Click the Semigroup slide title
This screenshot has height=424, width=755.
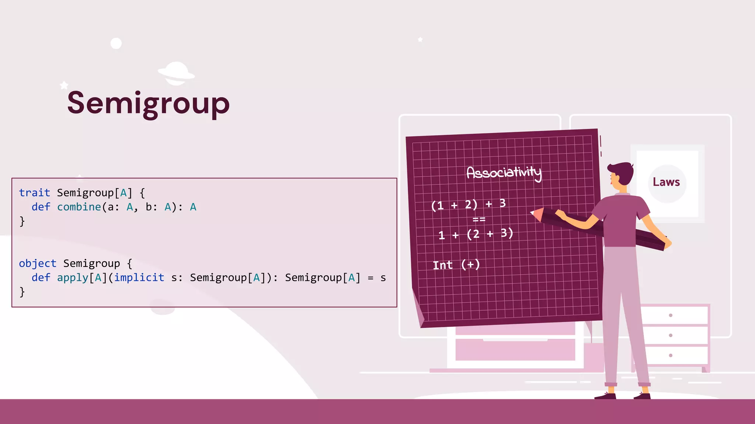click(x=148, y=103)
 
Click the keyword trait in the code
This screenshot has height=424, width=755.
click(x=34, y=192)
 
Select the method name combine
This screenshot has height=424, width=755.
click(x=79, y=207)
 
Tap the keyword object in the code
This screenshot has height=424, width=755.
click(x=38, y=263)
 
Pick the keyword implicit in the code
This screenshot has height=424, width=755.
click(x=139, y=277)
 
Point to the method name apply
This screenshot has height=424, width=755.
click(x=73, y=278)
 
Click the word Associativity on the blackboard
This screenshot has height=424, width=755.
click(x=504, y=172)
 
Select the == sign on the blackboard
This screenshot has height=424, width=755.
click(x=479, y=219)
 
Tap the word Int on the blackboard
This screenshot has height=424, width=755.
click(x=442, y=265)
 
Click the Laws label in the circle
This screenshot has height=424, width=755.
click(x=666, y=182)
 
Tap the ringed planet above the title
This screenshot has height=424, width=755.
click(x=176, y=73)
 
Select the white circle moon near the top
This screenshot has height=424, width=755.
click(x=116, y=43)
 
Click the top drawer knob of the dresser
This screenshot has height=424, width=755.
click(x=671, y=315)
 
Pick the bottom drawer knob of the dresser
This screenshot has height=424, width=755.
click(x=671, y=355)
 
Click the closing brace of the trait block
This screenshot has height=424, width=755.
click(x=22, y=221)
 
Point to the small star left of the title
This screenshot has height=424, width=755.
click(x=64, y=85)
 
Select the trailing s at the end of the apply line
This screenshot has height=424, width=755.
click(x=383, y=278)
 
